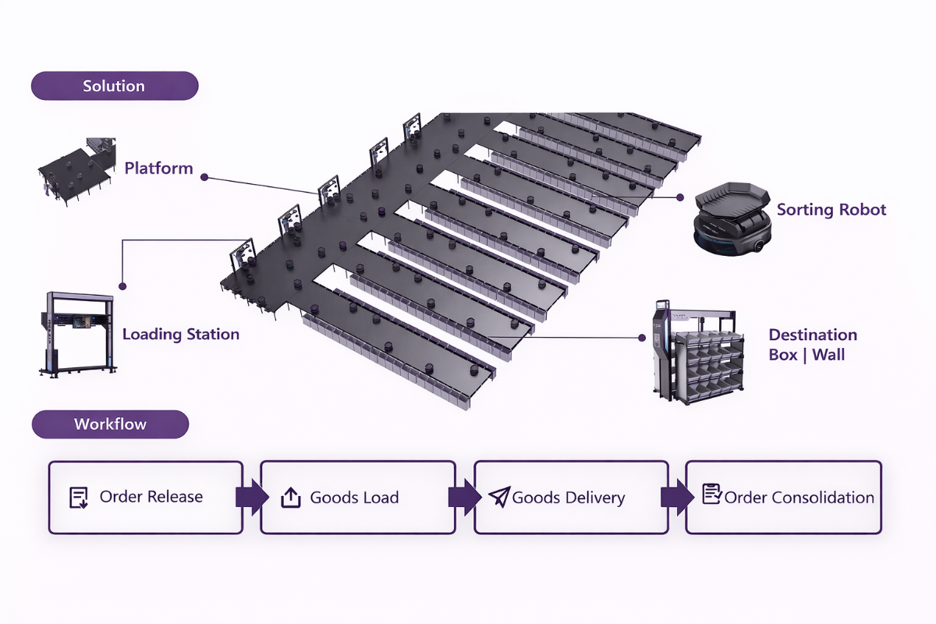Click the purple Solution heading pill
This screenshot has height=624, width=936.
click(x=114, y=86)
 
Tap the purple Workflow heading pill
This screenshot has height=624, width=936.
click(x=110, y=424)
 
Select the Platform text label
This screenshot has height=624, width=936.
click(x=158, y=168)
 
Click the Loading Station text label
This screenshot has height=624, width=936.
click(x=180, y=335)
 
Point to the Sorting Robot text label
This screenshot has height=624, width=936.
click(x=831, y=210)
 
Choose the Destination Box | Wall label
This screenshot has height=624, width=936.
click(x=813, y=345)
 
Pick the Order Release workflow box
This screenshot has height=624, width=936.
click(x=146, y=497)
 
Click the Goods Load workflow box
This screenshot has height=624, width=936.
click(x=357, y=497)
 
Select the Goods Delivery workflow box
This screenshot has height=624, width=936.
click(x=571, y=497)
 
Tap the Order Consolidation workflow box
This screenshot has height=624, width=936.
click(x=783, y=497)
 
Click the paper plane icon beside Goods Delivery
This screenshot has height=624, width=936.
click(x=499, y=497)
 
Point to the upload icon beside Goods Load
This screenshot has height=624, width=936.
click(x=290, y=497)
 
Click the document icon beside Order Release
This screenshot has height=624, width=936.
click(x=79, y=497)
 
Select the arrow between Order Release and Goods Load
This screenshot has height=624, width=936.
click(x=251, y=497)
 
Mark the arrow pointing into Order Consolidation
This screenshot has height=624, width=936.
click(x=676, y=497)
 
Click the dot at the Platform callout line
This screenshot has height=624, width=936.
click(x=204, y=177)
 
